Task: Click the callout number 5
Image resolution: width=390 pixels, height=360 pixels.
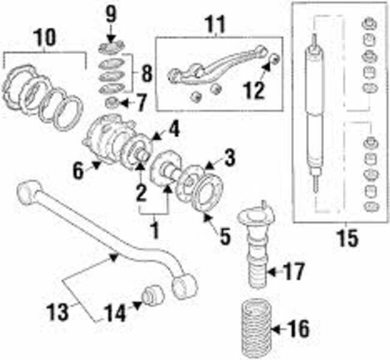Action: click(224, 236)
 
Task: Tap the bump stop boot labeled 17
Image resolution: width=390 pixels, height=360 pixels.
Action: click(254, 252)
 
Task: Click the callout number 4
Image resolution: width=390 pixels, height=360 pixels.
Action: click(173, 128)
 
